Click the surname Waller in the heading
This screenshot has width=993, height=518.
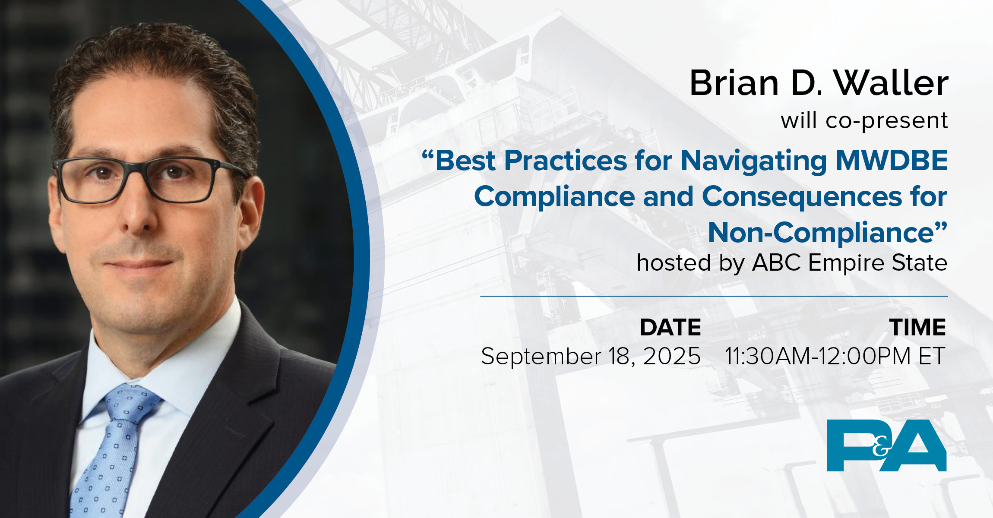[891, 83]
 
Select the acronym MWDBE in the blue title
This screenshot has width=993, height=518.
[891, 161]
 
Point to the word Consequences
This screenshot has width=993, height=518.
[802, 197]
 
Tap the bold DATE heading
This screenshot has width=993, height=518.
[670, 327]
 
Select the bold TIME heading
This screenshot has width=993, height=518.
[917, 327]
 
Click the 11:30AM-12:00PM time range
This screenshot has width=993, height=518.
[818, 357]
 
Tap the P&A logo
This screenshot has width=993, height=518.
[886, 445]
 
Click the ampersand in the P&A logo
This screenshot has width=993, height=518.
[880, 449]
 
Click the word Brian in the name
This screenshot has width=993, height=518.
[734, 83]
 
